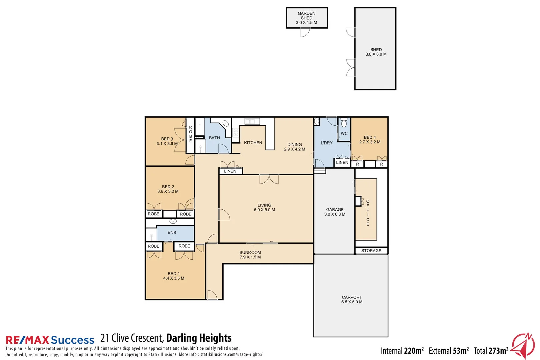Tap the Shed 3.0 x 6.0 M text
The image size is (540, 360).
click(376, 52)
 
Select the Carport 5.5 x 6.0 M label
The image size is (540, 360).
click(352, 300)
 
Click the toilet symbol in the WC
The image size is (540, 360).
click(344, 123)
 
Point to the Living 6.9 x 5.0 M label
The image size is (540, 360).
click(264, 207)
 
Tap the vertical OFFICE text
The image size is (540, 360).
click(368, 213)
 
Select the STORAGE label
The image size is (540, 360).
click(371, 251)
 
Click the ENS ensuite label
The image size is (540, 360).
click(172, 232)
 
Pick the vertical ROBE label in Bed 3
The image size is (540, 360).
click(190, 134)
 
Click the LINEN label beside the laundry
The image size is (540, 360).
click(342, 163)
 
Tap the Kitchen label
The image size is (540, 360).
click(253, 143)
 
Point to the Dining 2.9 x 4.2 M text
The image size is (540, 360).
click(294, 147)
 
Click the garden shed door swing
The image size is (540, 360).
click(305, 32)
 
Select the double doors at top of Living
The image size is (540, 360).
click(269, 179)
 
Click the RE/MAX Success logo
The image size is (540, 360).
click(50, 340)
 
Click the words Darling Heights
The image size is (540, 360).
click(199, 338)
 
